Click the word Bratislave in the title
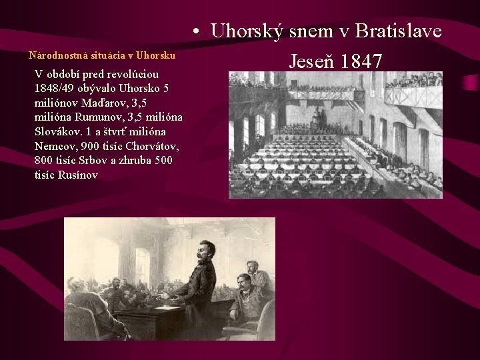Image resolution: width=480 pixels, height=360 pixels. [x=399, y=31]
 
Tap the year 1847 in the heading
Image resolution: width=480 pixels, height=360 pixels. [x=361, y=61]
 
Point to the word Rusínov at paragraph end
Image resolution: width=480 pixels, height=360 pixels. [x=76, y=175]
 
